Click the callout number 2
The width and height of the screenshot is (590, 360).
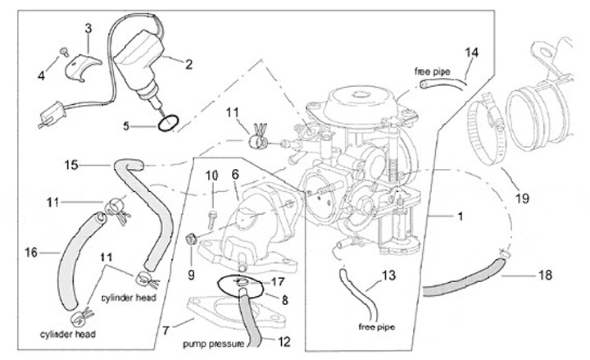click(188, 62)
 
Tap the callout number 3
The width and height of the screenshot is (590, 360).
click(88, 29)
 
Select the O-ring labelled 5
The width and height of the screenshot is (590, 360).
click(167, 124)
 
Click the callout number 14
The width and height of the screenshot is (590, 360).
click(470, 52)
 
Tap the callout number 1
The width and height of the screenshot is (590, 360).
click(461, 216)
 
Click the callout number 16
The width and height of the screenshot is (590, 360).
click(31, 253)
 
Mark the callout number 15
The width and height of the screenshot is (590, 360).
click(72, 166)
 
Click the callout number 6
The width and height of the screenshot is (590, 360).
click(234, 175)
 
